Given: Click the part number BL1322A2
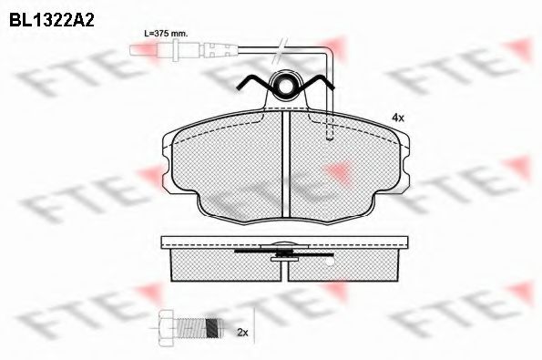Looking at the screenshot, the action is pyautogui.click(x=52, y=20).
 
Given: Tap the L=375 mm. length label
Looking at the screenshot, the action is pyautogui.click(x=166, y=34).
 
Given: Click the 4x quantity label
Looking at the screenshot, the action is pyautogui.click(x=397, y=118).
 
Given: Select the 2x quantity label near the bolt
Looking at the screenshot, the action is pyautogui.click(x=242, y=333).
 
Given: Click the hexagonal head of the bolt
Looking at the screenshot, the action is pyautogui.click(x=165, y=327).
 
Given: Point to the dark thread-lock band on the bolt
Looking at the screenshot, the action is pyautogui.click(x=212, y=327).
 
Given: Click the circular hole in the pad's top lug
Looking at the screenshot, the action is pyautogui.click(x=286, y=86).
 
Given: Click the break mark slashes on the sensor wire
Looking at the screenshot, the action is pyautogui.click(x=280, y=50).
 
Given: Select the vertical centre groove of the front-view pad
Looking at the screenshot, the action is pyautogui.click(x=285, y=164).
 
